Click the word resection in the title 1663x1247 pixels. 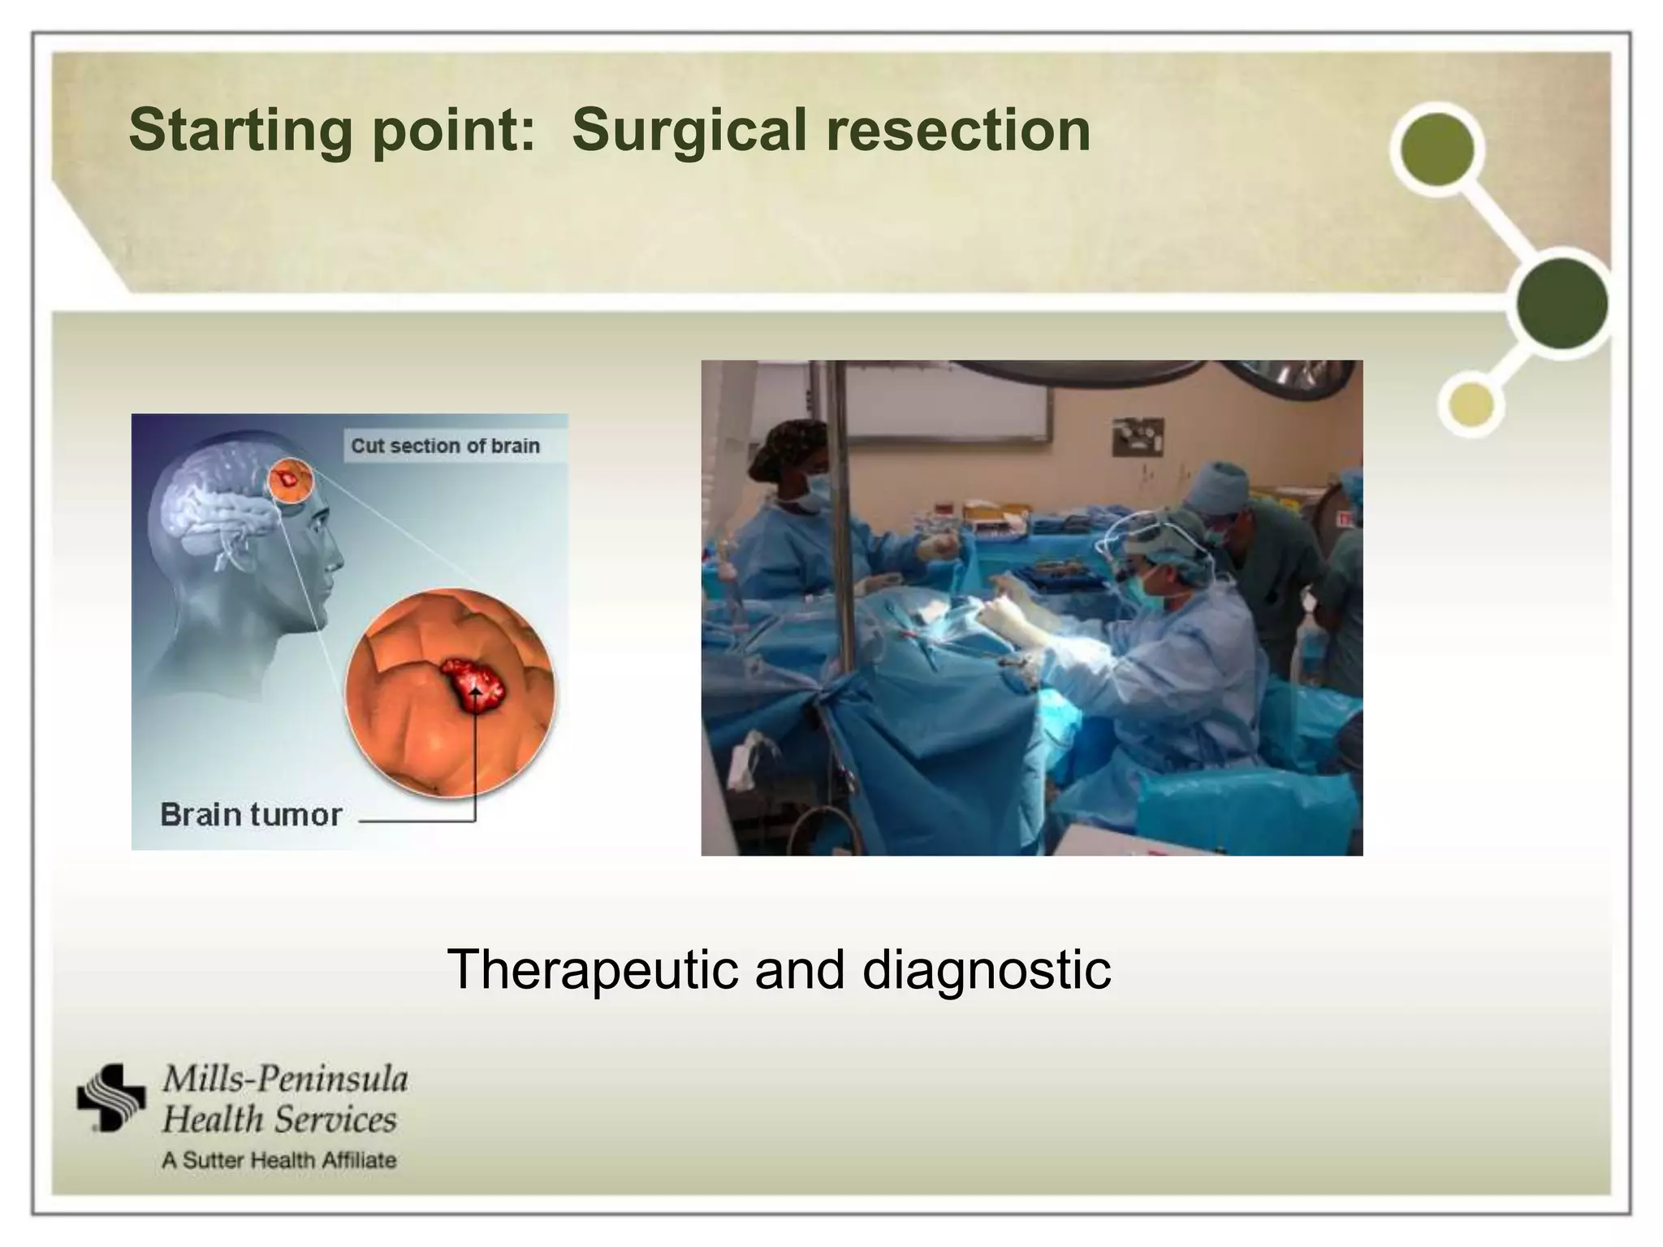[x=957, y=131]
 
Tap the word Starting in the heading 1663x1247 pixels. [x=240, y=131]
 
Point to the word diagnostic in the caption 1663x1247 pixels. [x=986, y=969]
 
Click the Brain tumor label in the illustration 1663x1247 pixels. [x=251, y=814]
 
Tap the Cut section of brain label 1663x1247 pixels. [x=445, y=446]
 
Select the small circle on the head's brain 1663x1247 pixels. [x=289, y=482]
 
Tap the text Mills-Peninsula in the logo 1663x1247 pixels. [x=285, y=1079]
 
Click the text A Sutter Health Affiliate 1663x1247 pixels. [x=279, y=1160]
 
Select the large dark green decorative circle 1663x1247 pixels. [x=1561, y=303]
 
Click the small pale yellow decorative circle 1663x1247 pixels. [x=1471, y=404]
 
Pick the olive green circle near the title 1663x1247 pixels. [x=1437, y=149]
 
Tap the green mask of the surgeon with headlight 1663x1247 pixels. [x=1142, y=589]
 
